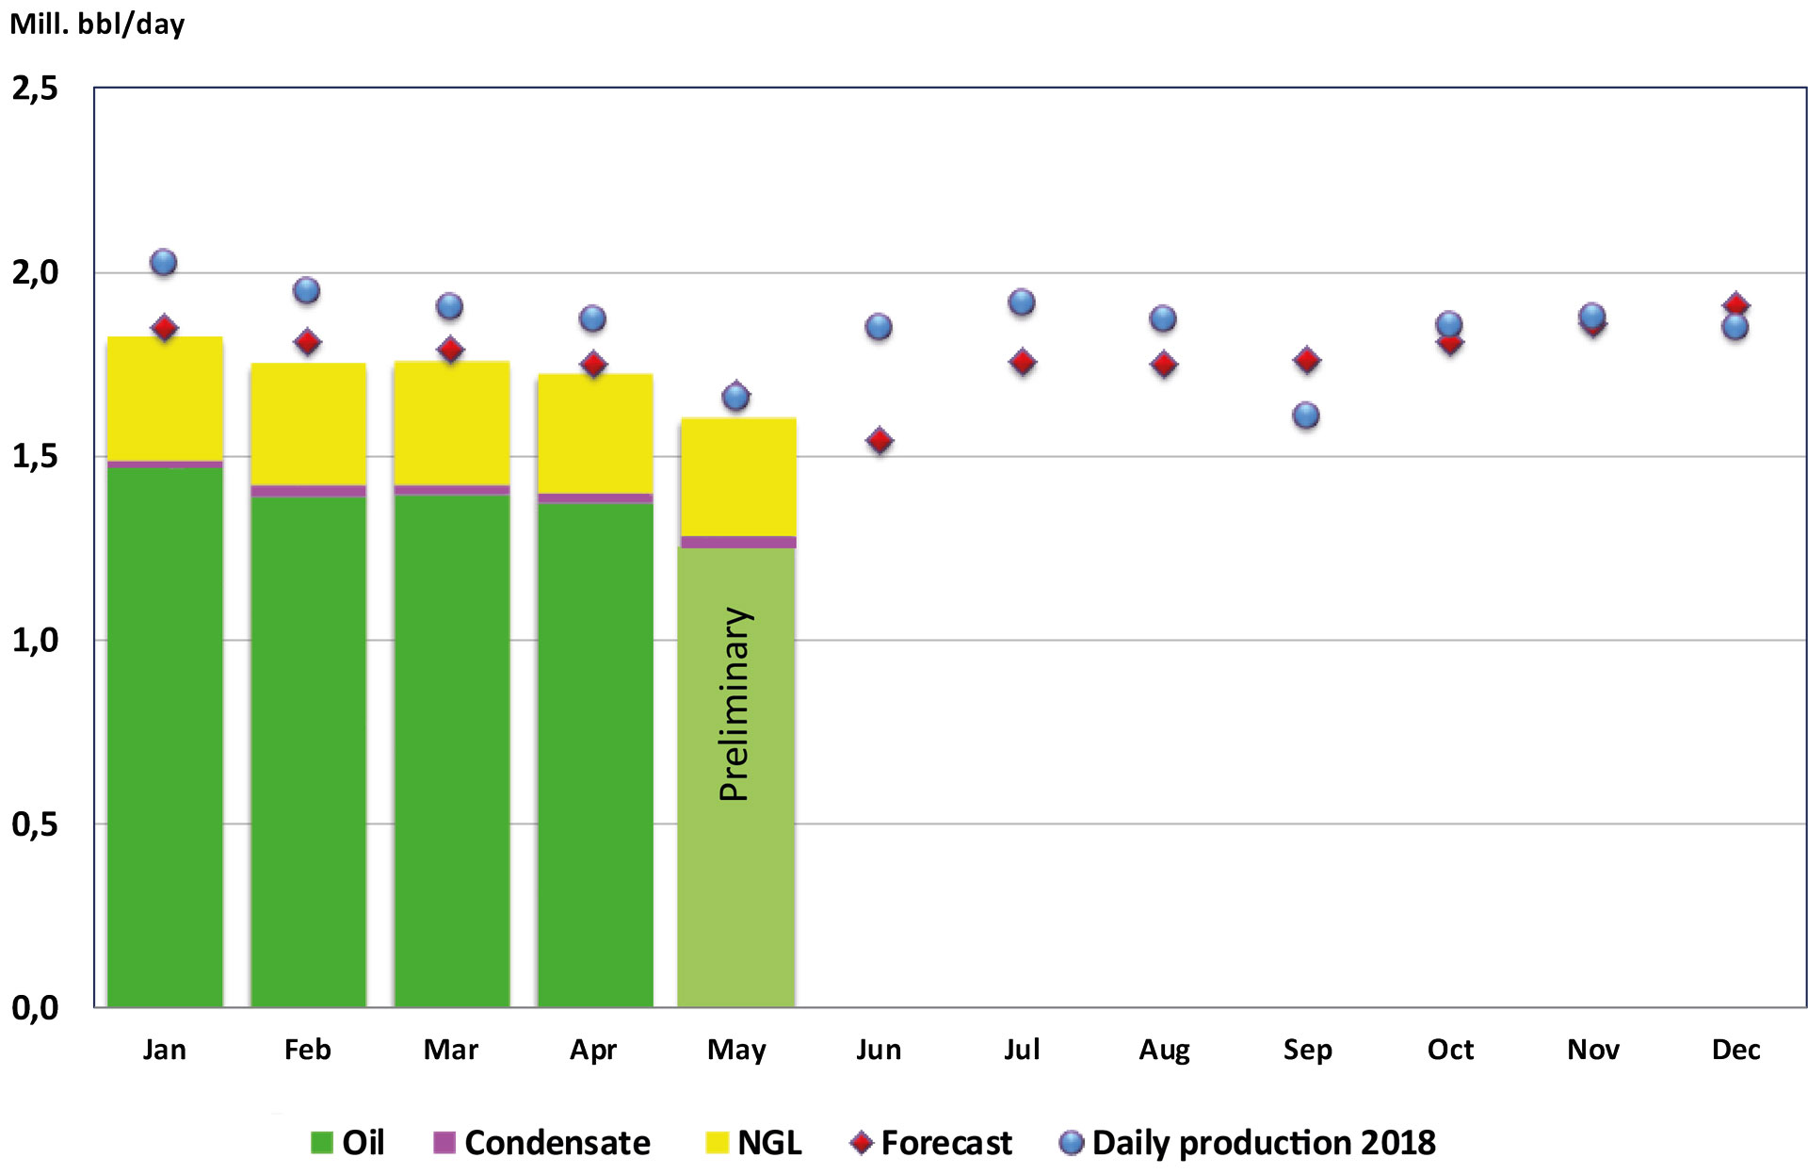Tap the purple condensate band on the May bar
pos(737,542)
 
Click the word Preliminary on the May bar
pos(734,704)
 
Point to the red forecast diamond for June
pos(880,441)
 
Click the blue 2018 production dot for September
pos(1306,416)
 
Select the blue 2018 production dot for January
pos(164,263)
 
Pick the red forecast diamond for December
pos(1736,305)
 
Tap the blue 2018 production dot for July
pos(1022,302)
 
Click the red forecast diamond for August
pos(1164,365)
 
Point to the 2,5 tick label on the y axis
pos(35,89)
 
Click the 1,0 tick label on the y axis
pos(35,641)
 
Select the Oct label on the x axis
pos(1450,1050)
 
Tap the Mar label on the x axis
pos(451,1050)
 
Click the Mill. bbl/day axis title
pos(97,24)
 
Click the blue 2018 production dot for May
pos(735,397)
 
